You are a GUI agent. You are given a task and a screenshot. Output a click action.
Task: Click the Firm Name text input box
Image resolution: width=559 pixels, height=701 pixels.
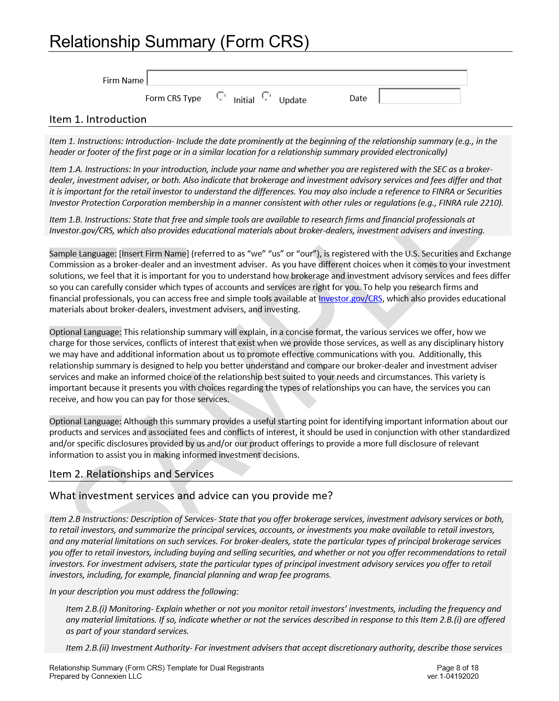[307, 78]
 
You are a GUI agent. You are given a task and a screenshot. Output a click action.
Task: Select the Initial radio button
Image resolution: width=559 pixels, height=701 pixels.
[221, 96]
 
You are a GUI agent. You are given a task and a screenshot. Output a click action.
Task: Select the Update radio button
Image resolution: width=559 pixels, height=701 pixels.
[266, 96]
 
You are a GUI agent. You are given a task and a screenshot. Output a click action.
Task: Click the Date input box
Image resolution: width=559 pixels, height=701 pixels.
[419, 96]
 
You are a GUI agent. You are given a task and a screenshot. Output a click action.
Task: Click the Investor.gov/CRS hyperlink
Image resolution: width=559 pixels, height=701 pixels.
[350, 298]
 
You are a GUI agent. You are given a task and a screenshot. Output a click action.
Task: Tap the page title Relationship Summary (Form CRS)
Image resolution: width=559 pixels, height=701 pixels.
[179, 42]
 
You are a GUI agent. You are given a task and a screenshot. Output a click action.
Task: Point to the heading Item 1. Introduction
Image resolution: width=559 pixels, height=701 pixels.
[98, 119]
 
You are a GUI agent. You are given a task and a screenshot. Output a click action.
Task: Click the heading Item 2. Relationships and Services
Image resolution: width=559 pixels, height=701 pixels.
[131, 474]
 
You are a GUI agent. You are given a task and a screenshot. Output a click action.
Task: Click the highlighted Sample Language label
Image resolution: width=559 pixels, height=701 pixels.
[83, 254]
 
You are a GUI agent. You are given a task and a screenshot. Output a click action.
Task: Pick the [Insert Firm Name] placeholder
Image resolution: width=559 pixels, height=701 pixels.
[153, 254]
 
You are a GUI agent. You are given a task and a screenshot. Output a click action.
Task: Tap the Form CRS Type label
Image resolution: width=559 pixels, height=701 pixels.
[173, 98]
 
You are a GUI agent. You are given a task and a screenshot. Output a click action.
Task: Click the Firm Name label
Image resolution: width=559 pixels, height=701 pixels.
[123, 80]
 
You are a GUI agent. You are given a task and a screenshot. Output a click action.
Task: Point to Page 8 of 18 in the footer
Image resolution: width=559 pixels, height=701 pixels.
[457, 668]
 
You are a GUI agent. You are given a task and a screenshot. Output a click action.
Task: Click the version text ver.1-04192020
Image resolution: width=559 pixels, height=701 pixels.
[453, 676]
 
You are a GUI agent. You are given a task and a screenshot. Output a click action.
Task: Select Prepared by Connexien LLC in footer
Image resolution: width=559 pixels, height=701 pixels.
[95, 676]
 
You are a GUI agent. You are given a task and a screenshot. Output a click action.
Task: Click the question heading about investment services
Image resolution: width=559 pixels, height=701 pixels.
[191, 496]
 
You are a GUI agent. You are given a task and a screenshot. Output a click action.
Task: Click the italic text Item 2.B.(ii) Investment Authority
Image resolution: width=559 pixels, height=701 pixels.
[128, 648]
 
